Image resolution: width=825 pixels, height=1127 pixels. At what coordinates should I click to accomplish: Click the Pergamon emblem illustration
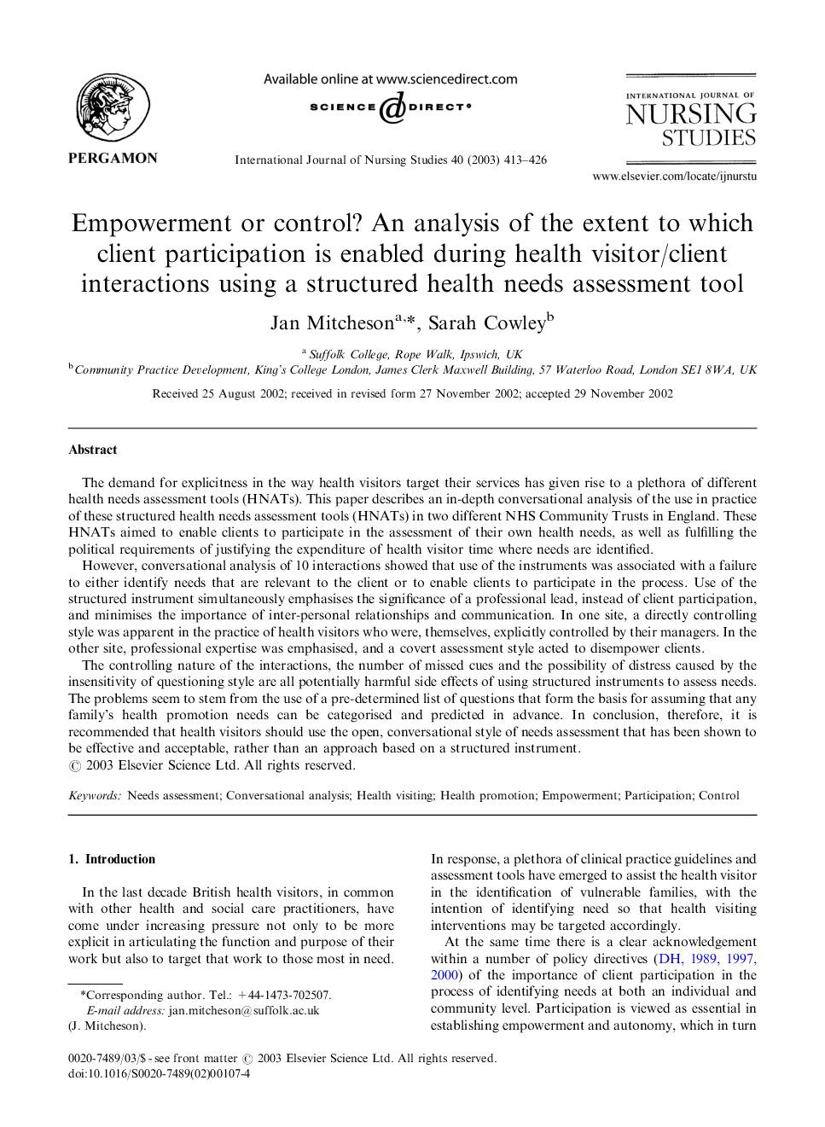tap(113, 108)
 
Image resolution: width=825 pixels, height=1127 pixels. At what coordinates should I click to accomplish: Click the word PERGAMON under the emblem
tap(113, 158)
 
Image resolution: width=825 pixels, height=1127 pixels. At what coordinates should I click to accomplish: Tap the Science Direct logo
tap(390, 107)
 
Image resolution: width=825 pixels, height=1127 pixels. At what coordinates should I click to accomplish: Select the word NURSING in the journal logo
tap(691, 115)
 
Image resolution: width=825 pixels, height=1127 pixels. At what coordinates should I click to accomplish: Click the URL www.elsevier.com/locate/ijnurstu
tap(674, 177)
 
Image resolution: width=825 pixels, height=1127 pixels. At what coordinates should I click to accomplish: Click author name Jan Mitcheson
tap(332, 322)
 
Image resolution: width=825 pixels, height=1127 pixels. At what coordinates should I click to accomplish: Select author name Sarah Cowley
tap(487, 322)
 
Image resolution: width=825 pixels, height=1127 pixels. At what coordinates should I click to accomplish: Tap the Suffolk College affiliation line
tap(415, 354)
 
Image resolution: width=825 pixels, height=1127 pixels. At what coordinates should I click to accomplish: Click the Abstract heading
tap(93, 450)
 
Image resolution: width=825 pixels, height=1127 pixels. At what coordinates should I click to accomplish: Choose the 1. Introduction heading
tap(112, 859)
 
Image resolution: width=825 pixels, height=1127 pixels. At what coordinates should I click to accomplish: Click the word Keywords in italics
tap(95, 795)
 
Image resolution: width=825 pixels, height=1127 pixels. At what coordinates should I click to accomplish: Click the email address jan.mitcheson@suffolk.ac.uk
tap(244, 1010)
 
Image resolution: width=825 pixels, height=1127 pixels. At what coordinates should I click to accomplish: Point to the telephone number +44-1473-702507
tap(284, 995)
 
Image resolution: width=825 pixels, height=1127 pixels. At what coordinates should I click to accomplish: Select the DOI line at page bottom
tap(159, 1073)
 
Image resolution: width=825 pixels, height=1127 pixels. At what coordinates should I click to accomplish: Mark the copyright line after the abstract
tap(212, 765)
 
